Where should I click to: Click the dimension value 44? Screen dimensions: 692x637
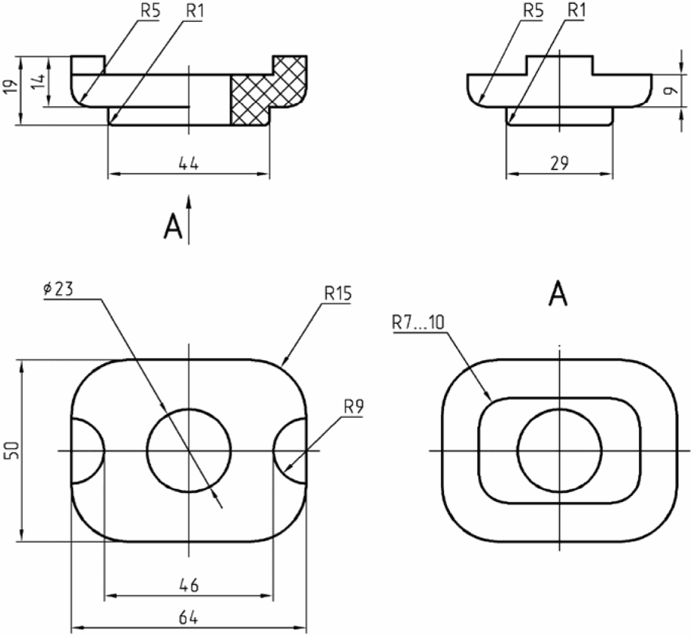click(x=189, y=164)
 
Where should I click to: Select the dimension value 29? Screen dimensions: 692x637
click(x=560, y=164)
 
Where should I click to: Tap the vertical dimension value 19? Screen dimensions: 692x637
click(x=12, y=86)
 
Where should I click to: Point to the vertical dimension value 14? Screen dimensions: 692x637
click(x=39, y=81)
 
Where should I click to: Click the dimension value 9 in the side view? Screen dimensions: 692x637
click(x=672, y=91)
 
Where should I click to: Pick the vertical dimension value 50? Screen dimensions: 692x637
click(x=12, y=450)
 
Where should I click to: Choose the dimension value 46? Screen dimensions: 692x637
click(x=189, y=585)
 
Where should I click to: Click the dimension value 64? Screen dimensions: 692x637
click(x=188, y=617)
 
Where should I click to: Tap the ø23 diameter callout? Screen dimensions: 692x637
click(x=58, y=290)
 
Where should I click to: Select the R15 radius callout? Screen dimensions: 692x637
click(x=338, y=293)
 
